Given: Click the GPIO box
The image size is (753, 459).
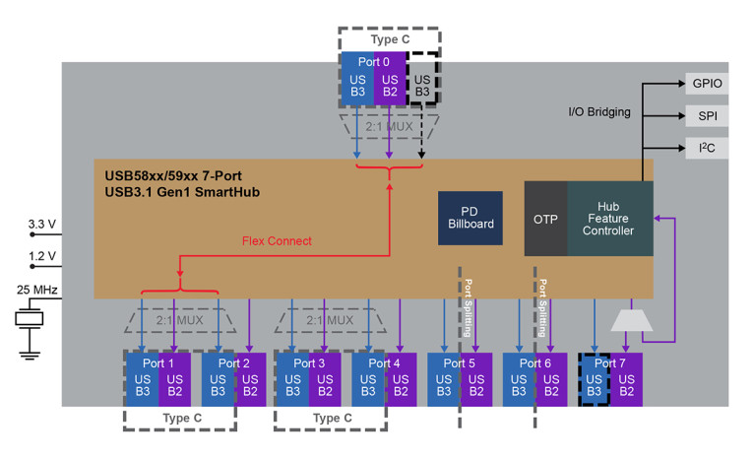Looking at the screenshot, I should pos(707,84).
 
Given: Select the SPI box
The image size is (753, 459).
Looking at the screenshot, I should pos(707,115).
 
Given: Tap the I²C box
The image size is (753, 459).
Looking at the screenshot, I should pos(707,148).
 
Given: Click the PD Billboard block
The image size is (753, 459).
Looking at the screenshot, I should pos(470,218).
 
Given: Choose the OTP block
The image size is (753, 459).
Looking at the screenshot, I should pos(545,218).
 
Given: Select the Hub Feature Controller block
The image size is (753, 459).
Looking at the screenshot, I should pos(609,218).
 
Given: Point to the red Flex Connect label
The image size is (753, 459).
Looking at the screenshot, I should pos(277,240).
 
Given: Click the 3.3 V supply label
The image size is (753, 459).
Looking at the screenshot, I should pos(42,225).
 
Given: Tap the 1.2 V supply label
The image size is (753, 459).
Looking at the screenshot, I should pos(42,257).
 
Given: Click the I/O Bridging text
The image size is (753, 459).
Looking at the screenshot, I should pos(599,112).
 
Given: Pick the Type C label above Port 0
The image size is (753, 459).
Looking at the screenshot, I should pos(389,39).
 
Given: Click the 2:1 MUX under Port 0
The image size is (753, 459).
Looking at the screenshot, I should pos(389,128).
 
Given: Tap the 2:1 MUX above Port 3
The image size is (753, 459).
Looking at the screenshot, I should pos(328,320).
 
